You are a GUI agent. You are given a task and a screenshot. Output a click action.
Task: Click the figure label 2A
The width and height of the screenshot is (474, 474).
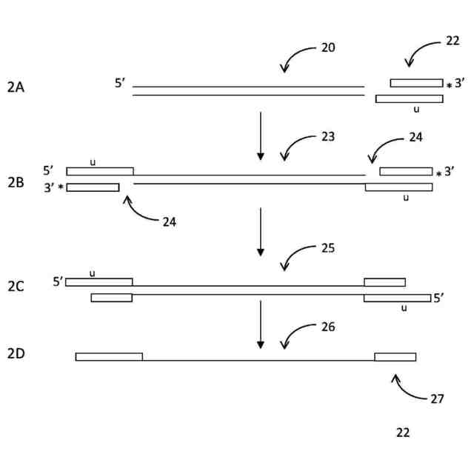tap(16, 87)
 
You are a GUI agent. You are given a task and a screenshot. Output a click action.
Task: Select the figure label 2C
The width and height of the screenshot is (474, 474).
tap(16, 286)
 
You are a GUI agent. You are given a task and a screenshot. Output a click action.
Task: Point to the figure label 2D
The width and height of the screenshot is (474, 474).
tap(16, 353)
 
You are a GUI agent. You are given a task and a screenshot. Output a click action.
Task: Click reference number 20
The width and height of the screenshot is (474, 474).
tap(328, 47)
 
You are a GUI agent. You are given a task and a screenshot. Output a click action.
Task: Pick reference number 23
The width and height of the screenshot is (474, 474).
tap(328, 137)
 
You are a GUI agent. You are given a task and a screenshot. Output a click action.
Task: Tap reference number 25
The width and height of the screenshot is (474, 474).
tap(328, 247)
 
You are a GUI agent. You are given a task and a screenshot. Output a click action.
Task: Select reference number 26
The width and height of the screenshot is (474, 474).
tap(328, 326)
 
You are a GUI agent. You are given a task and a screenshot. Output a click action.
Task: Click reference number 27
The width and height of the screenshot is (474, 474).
tap(437, 398)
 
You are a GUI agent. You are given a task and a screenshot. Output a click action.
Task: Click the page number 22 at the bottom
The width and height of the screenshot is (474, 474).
tap(403, 433)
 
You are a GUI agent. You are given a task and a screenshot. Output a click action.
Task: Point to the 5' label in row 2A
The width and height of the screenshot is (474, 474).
tap(121, 83)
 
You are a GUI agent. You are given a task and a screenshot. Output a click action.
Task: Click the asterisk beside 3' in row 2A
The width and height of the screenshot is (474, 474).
tap(449, 87)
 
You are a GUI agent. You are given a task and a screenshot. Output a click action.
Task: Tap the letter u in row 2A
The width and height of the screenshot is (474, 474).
tap(416, 110)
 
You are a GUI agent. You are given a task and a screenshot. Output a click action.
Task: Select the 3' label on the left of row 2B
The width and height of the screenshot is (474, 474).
tap(49, 187)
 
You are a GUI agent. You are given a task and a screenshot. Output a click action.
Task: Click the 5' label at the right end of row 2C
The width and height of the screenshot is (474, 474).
tap(439, 298)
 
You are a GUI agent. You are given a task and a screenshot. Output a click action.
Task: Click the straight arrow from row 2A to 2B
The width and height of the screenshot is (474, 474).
tap(260, 136)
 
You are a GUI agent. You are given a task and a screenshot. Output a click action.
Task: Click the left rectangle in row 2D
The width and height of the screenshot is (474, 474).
tap(109, 356)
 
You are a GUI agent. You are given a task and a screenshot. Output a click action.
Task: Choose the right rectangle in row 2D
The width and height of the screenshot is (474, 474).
tap(395, 356)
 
